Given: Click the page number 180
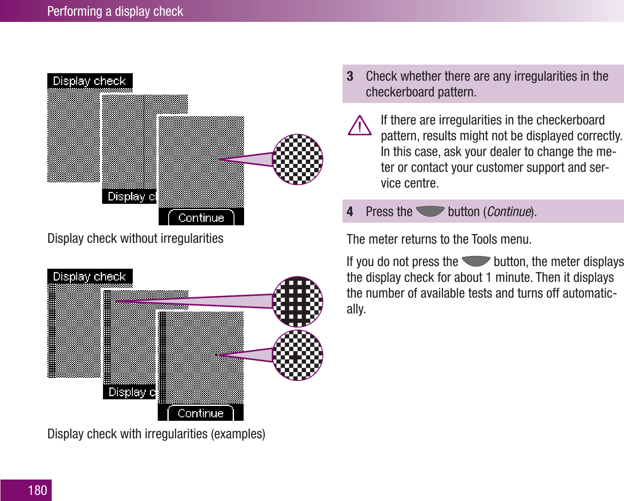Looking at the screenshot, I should point(37,490).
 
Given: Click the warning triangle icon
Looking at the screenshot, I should point(360,126).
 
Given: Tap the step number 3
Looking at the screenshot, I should point(350,76).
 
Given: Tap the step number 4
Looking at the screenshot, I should point(350,212).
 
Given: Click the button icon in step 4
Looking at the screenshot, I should point(430,211).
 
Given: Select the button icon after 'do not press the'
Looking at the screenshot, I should point(476,261).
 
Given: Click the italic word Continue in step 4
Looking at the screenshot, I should point(509,212).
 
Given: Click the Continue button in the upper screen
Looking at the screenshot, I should point(201,218).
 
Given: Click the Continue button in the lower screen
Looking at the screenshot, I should point(201,413).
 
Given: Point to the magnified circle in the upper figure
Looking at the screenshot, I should point(298,160).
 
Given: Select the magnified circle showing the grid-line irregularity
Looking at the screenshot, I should point(298,302).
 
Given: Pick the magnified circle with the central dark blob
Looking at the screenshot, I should point(298,355).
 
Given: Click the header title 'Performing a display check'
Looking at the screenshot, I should point(115,11).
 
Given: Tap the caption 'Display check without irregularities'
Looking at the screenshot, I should point(135,238).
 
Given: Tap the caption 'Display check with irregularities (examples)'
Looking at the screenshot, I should point(156,434).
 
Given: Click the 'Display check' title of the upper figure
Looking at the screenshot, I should point(89,81).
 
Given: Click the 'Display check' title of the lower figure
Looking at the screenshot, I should point(89,277).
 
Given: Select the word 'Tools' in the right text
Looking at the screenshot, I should point(484,239).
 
